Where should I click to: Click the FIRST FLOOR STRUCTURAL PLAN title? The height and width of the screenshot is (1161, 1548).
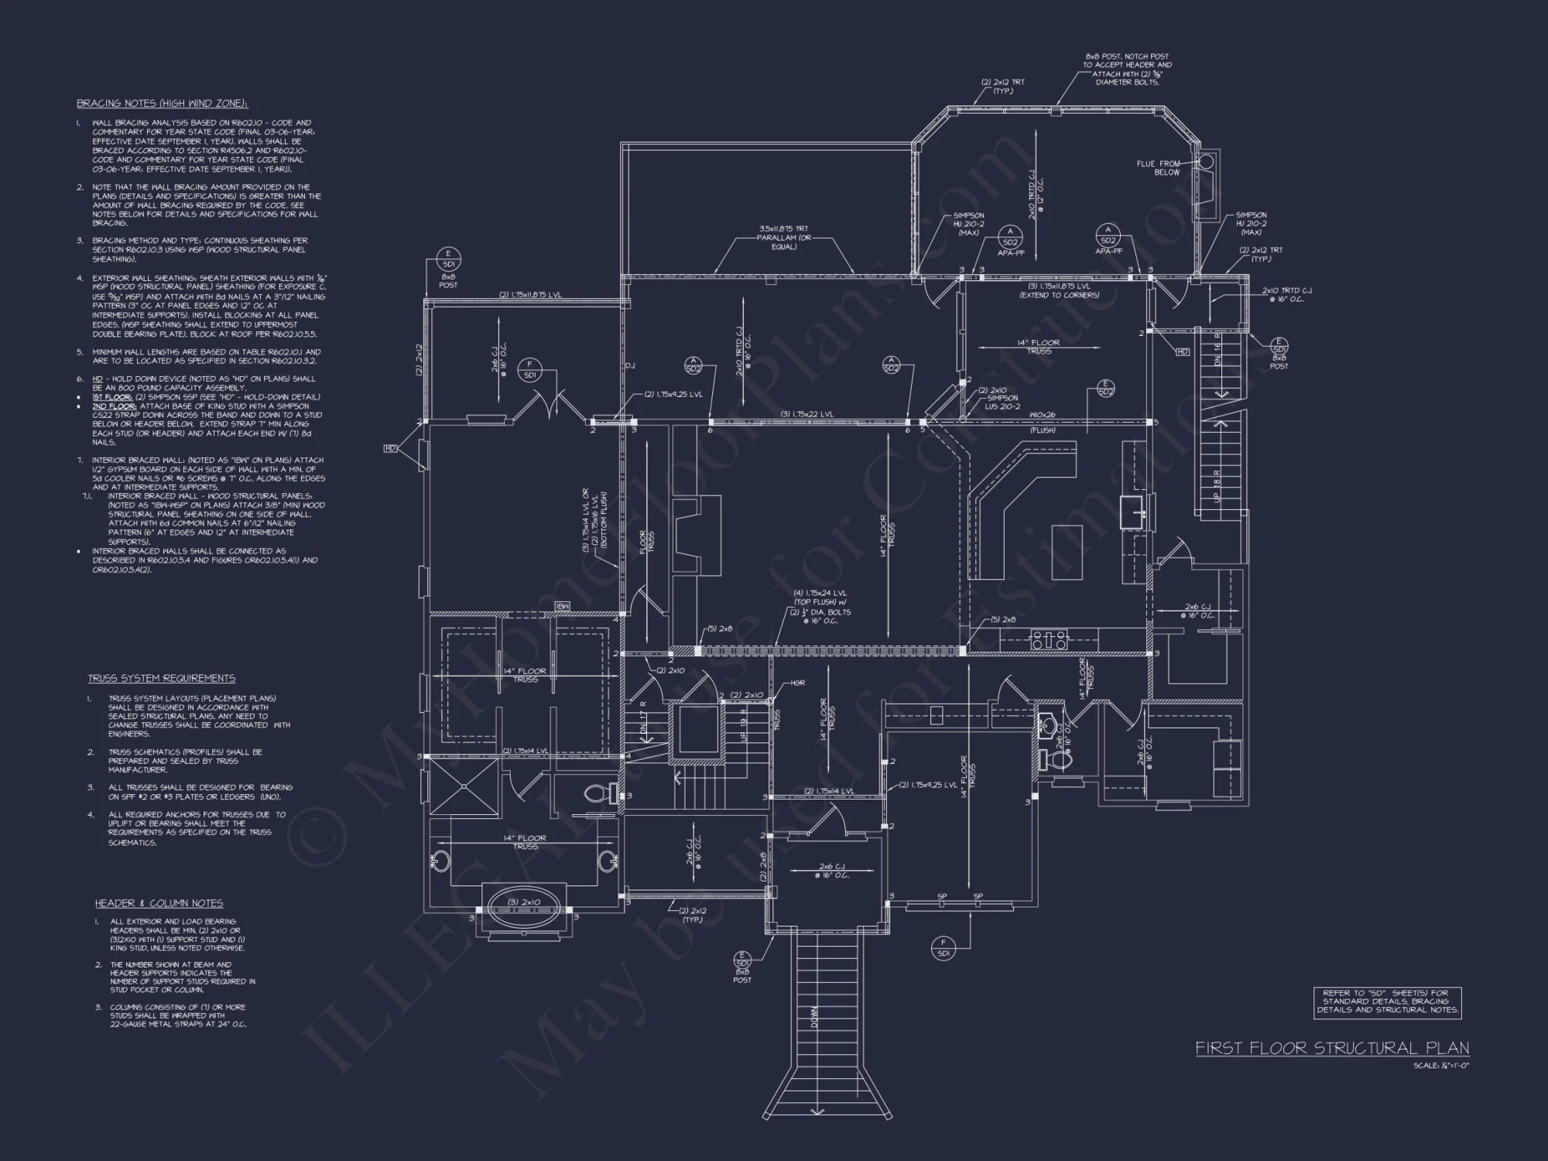click(x=1331, y=1048)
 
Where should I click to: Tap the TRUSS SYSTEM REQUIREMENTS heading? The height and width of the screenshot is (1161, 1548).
click(x=161, y=678)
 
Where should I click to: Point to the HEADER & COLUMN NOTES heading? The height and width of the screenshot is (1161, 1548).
click(x=159, y=903)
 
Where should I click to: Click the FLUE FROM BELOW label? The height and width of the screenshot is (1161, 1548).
click(x=1158, y=168)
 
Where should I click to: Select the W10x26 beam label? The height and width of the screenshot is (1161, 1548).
click(x=1043, y=416)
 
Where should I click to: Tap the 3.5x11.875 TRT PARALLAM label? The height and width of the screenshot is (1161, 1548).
click(x=784, y=238)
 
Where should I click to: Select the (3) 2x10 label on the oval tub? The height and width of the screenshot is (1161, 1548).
click(x=524, y=902)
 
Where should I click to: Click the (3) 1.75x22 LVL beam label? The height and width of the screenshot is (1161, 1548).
click(x=807, y=415)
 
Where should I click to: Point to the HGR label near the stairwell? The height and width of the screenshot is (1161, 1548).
click(x=797, y=683)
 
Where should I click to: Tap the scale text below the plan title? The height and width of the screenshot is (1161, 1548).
click(x=1440, y=1066)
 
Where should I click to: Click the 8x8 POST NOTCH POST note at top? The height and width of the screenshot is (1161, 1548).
click(x=1127, y=69)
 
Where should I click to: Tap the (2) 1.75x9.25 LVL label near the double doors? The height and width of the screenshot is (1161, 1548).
click(x=673, y=395)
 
